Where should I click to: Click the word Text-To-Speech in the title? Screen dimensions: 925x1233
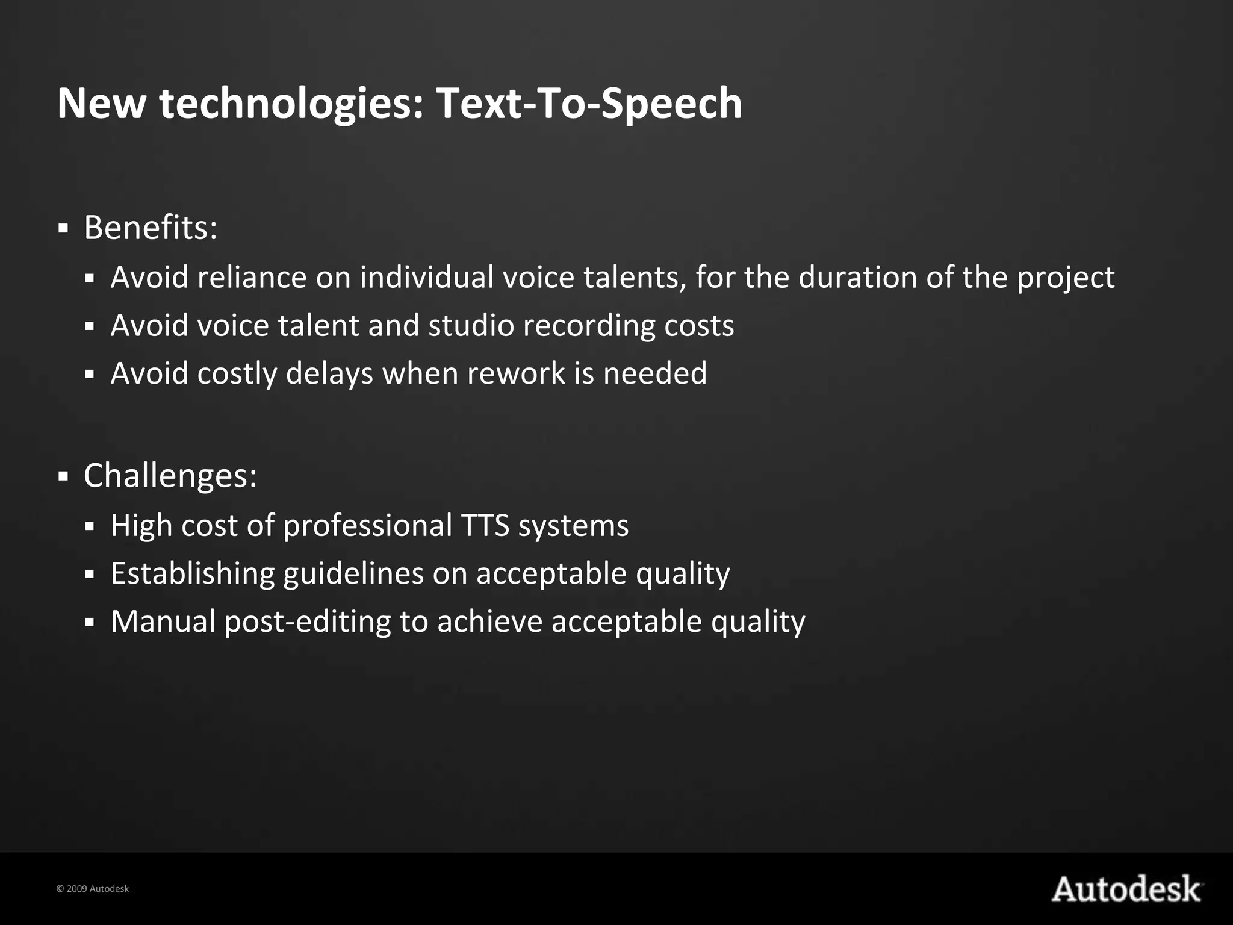(589, 104)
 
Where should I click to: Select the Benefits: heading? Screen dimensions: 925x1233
(151, 228)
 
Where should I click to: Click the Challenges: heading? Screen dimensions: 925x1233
(170, 475)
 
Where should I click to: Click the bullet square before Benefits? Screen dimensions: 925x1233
(63, 229)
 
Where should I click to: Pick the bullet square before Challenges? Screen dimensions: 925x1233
(63, 477)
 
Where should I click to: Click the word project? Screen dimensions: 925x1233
(1066, 278)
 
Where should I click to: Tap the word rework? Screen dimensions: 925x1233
(516, 373)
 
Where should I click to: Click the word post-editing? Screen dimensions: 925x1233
(308, 622)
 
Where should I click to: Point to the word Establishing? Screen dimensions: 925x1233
(193, 573)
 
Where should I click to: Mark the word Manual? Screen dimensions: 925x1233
(163, 621)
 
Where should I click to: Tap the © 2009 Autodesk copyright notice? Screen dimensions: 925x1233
(92, 889)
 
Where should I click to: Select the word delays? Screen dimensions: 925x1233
(329, 373)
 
